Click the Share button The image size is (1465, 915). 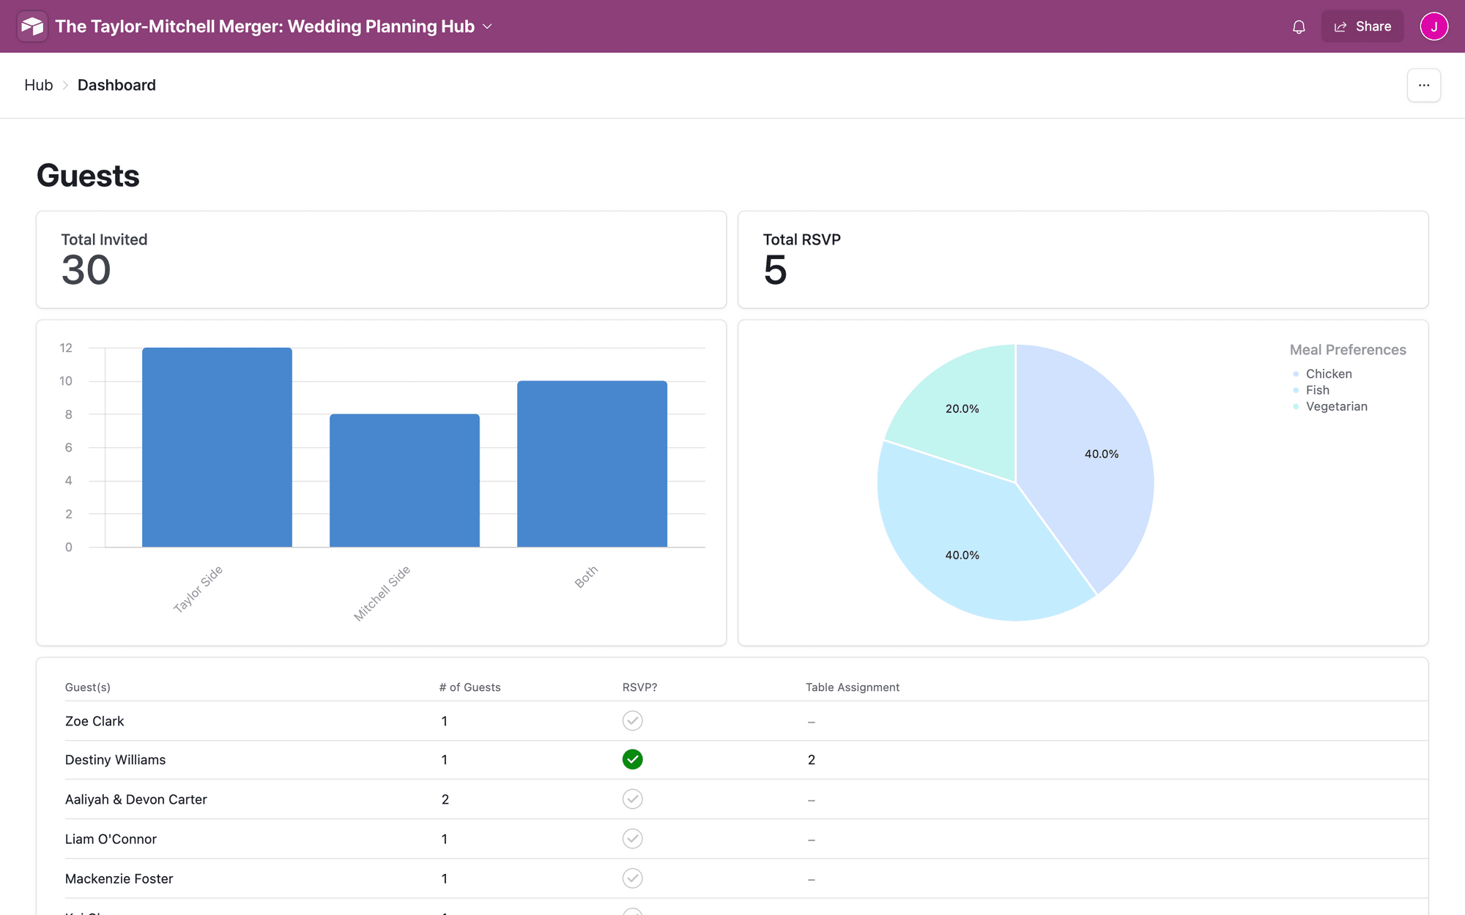point(1362,26)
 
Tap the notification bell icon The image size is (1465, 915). point(1299,27)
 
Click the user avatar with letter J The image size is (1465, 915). point(1434,26)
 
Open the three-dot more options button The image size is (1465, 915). point(1423,85)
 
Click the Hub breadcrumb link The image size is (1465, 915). point(38,85)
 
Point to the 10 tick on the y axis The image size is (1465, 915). point(66,381)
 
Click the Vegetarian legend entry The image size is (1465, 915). point(1336,406)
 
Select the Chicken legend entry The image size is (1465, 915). point(1328,373)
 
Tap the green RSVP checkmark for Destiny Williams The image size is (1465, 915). point(632,760)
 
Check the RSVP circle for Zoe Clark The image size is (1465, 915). point(632,720)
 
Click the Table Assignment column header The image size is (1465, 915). point(852,687)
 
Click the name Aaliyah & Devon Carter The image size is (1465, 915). point(136,799)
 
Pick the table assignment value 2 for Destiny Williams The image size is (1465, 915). point(811,760)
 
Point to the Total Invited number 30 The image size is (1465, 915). point(86,270)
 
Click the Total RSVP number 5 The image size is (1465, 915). point(775,270)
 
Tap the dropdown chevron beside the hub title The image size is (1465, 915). point(487,26)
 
